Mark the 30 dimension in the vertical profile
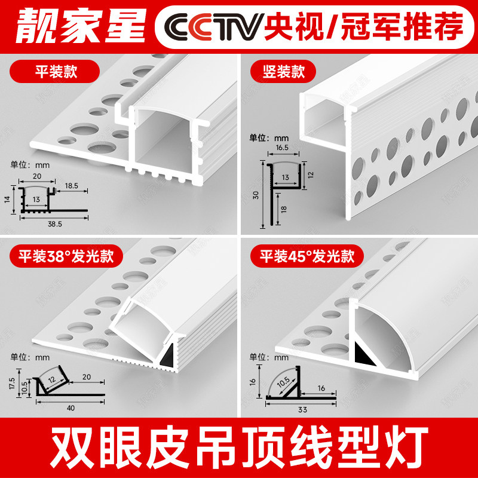tap(255, 194)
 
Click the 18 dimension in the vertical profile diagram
tap(284, 209)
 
